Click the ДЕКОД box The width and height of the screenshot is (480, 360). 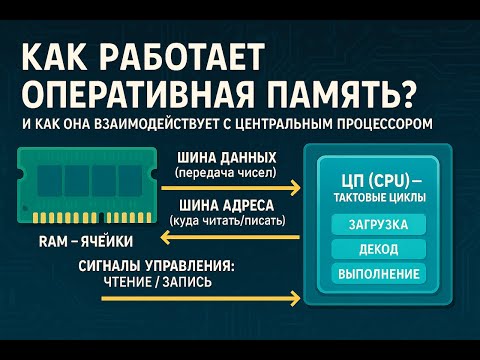[x=377, y=248]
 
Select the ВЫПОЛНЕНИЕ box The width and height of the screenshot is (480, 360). [x=377, y=273]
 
